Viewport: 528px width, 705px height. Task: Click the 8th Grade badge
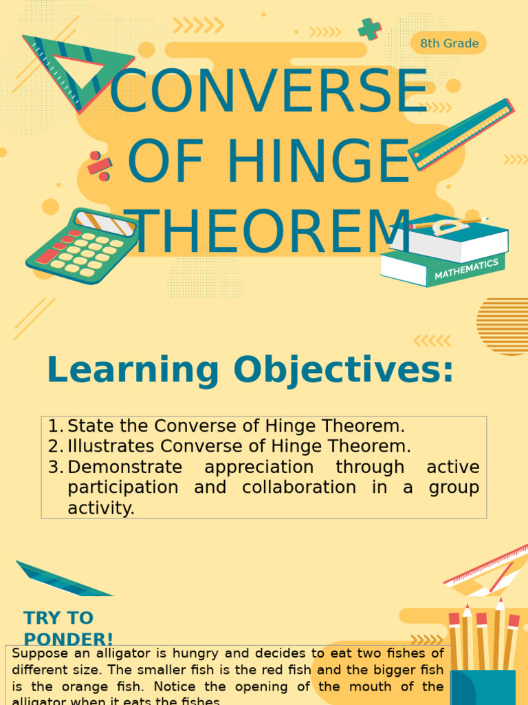449,43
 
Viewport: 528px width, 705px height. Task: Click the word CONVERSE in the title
269,93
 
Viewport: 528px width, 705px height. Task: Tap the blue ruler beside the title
461,134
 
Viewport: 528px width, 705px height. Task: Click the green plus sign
370,29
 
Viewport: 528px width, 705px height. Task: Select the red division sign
99,166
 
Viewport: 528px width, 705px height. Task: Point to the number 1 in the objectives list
54,425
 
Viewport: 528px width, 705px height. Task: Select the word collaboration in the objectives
299,487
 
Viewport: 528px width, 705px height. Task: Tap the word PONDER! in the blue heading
69,638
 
